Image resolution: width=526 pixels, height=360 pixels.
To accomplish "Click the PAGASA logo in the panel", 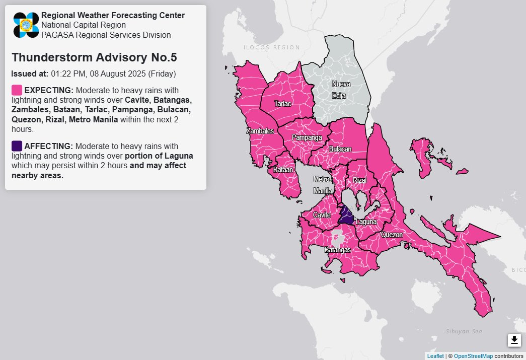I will [x=26, y=25].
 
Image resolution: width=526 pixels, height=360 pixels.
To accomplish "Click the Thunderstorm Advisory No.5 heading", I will [x=94, y=57].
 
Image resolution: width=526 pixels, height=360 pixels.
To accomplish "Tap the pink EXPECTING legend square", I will [x=17, y=90].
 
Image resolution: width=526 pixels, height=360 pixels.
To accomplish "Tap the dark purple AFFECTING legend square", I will [x=17, y=146].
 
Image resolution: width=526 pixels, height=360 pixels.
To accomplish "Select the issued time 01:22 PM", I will [x=67, y=74].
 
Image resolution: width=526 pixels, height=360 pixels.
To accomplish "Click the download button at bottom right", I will [x=514, y=340].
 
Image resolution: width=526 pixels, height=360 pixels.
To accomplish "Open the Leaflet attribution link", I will [x=435, y=356].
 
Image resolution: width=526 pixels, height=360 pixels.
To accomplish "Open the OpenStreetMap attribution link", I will [x=473, y=356].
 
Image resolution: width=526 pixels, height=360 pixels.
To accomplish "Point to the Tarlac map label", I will [x=282, y=104].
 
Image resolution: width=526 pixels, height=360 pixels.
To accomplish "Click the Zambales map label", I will [x=260, y=131].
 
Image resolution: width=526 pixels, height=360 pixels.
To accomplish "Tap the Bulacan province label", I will [x=340, y=149].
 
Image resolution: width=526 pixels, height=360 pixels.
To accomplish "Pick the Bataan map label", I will [x=283, y=170].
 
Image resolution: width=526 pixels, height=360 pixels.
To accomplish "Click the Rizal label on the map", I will [x=359, y=180].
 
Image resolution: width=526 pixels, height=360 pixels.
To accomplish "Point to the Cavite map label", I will [x=322, y=215].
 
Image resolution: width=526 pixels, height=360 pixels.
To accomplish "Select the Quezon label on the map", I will [x=392, y=235].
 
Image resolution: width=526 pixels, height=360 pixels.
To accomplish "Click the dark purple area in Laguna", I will [x=346, y=217].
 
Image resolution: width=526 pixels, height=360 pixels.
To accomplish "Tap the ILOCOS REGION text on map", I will [x=271, y=47].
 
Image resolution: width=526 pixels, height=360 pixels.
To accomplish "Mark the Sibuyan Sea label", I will [x=464, y=331].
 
